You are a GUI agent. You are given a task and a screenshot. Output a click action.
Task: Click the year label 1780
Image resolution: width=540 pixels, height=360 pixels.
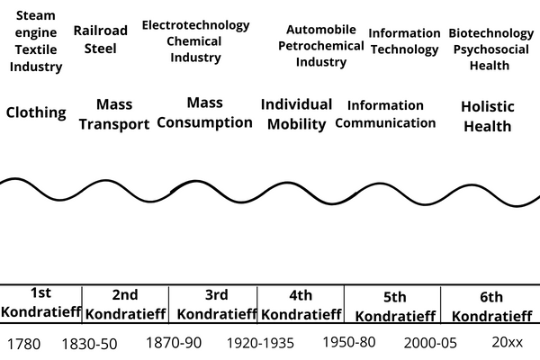(x=24, y=344)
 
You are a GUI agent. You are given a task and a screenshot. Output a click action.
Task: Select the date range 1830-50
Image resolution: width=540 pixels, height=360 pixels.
(x=89, y=344)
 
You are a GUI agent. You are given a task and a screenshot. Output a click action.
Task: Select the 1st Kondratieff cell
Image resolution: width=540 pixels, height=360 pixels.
(x=40, y=302)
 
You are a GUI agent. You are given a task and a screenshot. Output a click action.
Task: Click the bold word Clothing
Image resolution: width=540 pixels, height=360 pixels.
(x=36, y=112)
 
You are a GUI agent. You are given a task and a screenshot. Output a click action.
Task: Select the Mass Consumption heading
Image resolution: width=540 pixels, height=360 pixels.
(x=204, y=112)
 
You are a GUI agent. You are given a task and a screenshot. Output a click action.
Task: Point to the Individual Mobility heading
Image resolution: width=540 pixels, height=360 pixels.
(x=296, y=114)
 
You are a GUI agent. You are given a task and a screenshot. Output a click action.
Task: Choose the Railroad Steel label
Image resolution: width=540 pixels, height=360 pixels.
(x=100, y=40)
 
